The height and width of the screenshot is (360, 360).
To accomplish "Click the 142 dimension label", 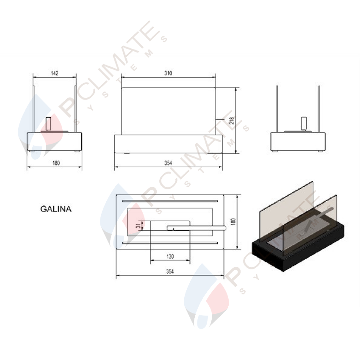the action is click(55, 73).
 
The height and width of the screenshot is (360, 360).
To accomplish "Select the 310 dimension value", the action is click(168, 73).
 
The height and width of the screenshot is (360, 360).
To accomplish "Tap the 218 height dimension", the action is click(232, 121).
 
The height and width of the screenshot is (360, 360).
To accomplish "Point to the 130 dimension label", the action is click(170, 257).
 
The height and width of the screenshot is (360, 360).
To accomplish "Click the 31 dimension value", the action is click(138, 225).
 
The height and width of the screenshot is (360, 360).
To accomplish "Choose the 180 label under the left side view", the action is click(56, 163).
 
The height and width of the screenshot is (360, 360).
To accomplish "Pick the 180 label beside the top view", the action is click(233, 222).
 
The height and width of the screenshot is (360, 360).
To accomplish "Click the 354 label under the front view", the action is click(168, 163).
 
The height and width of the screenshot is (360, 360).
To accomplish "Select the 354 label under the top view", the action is click(170, 271).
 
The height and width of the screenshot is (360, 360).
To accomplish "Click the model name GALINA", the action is click(56, 209).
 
